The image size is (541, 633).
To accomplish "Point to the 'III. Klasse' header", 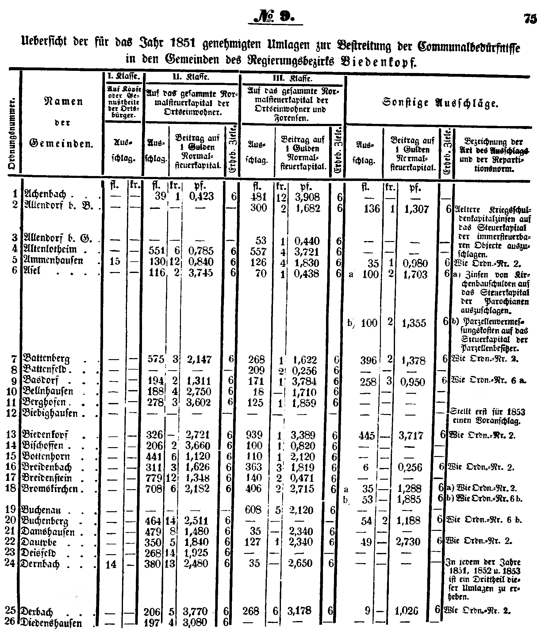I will point(292,79).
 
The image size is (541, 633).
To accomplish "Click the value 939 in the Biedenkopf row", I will point(254,435).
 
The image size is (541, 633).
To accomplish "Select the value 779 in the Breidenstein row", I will point(154,478).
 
